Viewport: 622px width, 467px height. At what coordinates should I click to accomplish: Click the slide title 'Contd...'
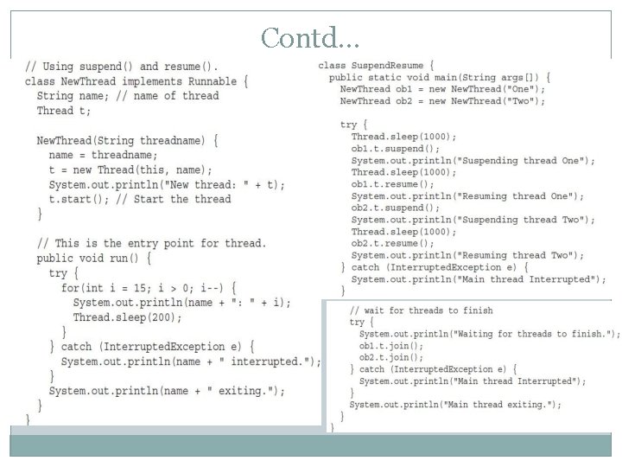point(310,38)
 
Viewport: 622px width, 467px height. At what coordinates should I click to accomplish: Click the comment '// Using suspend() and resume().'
point(122,67)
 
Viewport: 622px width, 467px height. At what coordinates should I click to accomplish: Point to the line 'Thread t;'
point(64,111)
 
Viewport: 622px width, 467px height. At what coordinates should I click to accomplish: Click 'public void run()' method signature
point(94,259)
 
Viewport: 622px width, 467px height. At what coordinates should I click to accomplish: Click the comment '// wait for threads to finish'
point(421,310)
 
